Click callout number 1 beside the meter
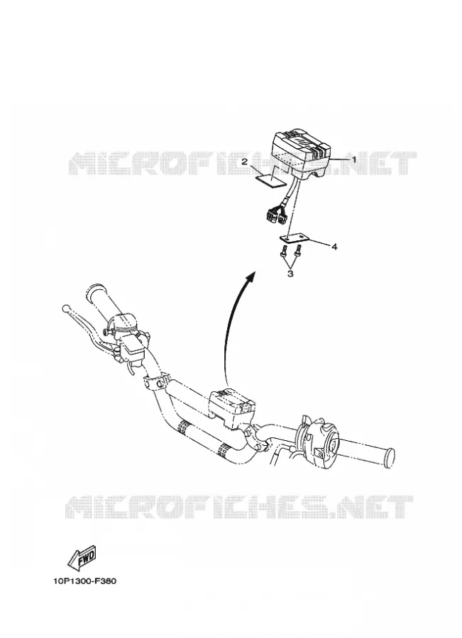click(353, 159)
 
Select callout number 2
click(244, 162)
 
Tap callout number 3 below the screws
click(290, 274)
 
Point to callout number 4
click(334, 247)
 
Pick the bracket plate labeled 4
click(293, 237)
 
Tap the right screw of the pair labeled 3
click(298, 250)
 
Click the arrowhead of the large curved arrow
click(251, 276)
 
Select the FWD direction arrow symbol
click(83, 558)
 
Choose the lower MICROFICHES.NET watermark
click(240, 507)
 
